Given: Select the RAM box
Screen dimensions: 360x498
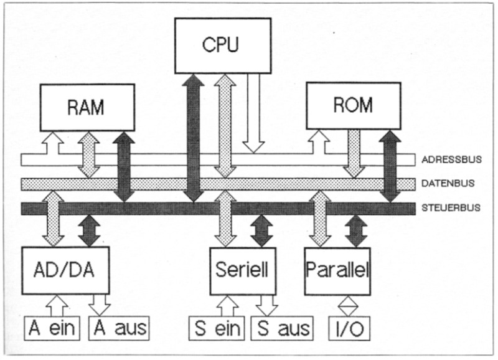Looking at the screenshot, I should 87,107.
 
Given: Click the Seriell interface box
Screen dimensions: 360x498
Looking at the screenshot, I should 242,271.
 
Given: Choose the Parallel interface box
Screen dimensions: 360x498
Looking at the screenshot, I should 337,271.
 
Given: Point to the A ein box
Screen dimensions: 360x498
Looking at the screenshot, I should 52,327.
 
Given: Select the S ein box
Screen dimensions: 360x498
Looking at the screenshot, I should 217,327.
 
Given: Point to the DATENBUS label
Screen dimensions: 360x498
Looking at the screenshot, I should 448,183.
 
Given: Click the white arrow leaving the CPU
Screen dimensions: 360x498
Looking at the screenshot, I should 253,112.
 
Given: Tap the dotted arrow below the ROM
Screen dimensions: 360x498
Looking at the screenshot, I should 355,153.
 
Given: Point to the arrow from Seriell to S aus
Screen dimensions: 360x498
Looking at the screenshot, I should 266,305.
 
